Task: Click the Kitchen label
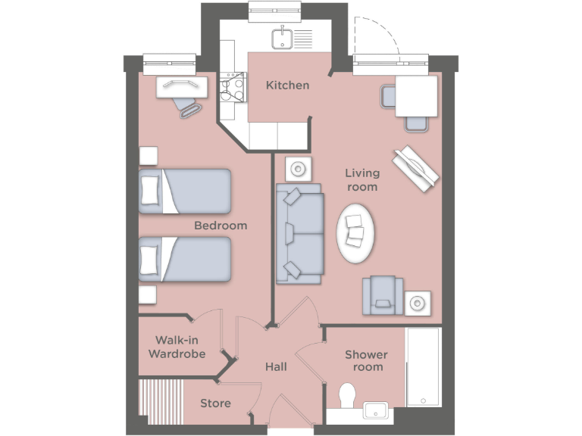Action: coord(287,85)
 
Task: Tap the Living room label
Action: coord(361,179)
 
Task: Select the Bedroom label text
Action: coord(221,225)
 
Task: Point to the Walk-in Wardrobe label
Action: coord(177,347)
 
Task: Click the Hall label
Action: coord(276,367)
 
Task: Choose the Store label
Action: coord(215,403)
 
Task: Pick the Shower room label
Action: coord(366,360)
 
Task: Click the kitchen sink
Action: coord(282,36)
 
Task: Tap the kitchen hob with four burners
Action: coord(231,87)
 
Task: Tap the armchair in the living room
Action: coord(383,294)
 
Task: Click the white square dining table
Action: coord(416,95)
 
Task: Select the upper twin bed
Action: coord(185,191)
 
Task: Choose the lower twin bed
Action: coord(185,259)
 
